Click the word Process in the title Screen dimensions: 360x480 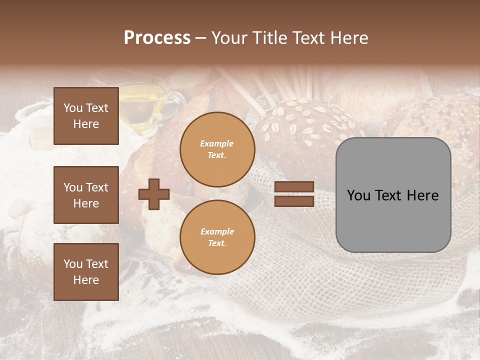pyautogui.click(x=157, y=38)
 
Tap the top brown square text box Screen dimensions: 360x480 pyautogui.click(x=86, y=116)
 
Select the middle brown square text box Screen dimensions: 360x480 pyautogui.click(x=86, y=195)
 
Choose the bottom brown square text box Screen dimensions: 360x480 pyautogui.click(x=86, y=271)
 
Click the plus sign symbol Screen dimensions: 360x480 pyautogui.click(x=154, y=194)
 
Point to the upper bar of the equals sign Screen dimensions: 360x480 pyautogui.click(x=294, y=187)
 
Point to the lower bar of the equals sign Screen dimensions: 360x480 pyautogui.click(x=294, y=201)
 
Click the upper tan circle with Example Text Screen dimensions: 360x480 pyautogui.click(x=217, y=149)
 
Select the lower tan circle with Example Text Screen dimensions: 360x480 pyautogui.click(x=217, y=237)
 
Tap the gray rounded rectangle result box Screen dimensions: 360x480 pyautogui.click(x=393, y=195)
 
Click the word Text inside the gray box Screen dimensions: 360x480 pyautogui.click(x=392, y=195)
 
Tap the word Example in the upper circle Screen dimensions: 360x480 pyautogui.click(x=217, y=143)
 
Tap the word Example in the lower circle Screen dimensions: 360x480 pyautogui.click(x=217, y=231)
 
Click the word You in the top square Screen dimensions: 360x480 pyautogui.click(x=73, y=108)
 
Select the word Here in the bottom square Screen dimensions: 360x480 pyautogui.click(x=86, y=280)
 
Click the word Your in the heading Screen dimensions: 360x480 pyautogui.click(x=230, y=38)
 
